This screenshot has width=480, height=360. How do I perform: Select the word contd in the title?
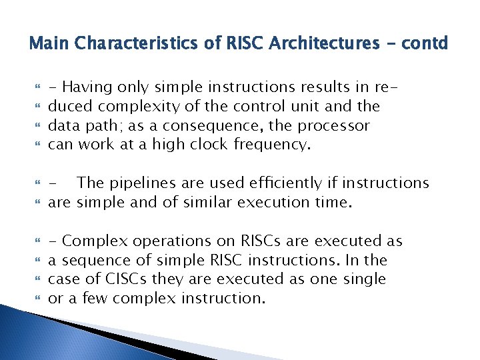pos(426,44)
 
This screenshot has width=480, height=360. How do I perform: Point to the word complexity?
pos(141,106)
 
